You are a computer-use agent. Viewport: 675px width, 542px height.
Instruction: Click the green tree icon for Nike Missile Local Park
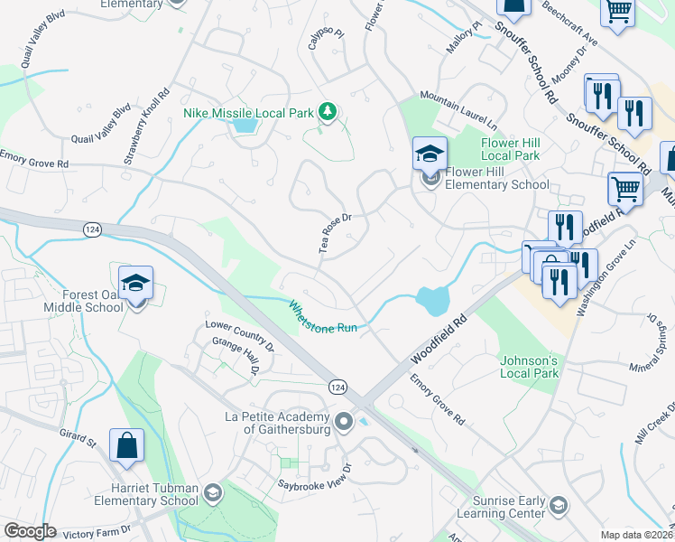328,113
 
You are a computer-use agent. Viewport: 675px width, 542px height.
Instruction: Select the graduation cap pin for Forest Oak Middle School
135,283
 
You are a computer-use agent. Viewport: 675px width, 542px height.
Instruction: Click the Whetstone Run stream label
322,317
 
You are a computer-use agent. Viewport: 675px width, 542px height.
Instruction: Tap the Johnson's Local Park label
530,366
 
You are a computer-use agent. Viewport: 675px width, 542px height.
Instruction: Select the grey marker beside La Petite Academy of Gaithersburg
343,422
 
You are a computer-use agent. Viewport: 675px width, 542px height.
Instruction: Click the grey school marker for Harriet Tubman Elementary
212,493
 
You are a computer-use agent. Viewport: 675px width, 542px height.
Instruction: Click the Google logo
29,530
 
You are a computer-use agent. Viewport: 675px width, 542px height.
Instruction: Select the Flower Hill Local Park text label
511,149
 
